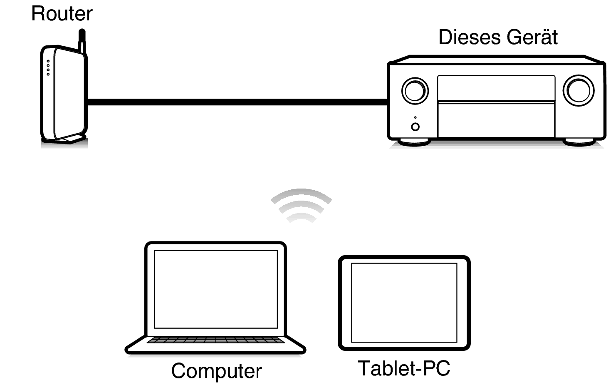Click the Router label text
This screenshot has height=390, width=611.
point(62,14)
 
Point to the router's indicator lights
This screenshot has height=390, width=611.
point(48,68)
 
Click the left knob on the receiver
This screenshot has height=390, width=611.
point(415,90)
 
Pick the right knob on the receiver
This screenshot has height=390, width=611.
point(578,90)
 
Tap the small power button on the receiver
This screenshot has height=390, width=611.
point(415,127)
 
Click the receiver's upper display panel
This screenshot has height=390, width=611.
point(496,88)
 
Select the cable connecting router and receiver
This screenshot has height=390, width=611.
point(237,102)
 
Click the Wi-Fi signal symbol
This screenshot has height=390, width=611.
point(301,205)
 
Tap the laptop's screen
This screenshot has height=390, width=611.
point(216,289)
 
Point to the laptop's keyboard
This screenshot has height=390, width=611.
point(216,340)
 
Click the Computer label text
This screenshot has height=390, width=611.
point(216,370)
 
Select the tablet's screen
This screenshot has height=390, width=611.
point(404,303)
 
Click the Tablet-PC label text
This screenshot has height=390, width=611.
point(404,368)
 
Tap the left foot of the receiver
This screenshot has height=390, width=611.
point(414,142)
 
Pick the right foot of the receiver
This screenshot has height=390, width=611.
point(579,142)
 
